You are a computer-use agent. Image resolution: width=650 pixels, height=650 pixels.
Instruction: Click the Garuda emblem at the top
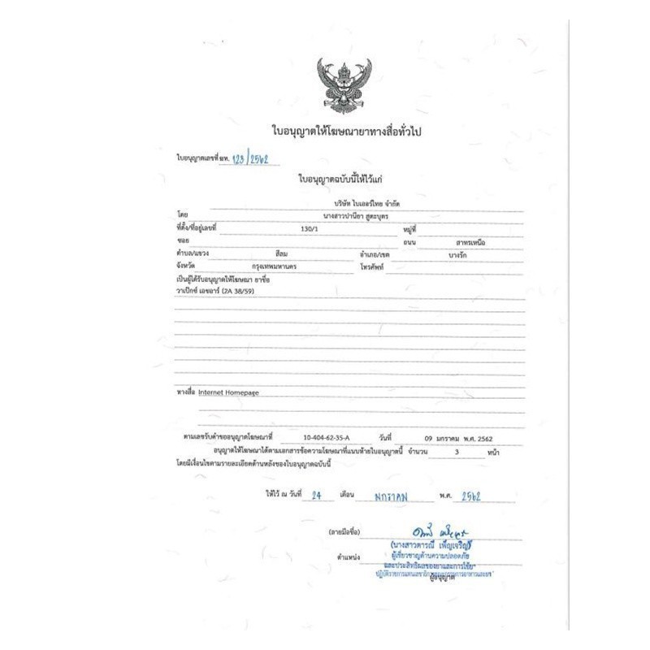[340, 84]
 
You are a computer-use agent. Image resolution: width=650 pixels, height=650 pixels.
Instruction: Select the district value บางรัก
[457, 254]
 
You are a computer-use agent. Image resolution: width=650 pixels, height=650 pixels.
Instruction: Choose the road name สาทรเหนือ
[461, 242]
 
